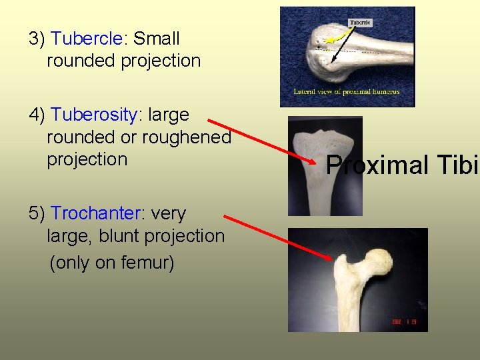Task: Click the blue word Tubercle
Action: pyautogui.click(x=87, y=39)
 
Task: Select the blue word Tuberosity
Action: pyautogui.click(x=94, y=115)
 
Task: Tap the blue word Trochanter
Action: pyautogui.click(x=97, y=213)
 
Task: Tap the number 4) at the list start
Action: pyautogui.click(x=37, y=115)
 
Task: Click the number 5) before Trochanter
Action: pyautogui.click(x=37, y=213)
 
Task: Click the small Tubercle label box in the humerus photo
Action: pyautogui.click(x=361, y=23)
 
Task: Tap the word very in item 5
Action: pyautogui.click(x=169, y=213)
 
